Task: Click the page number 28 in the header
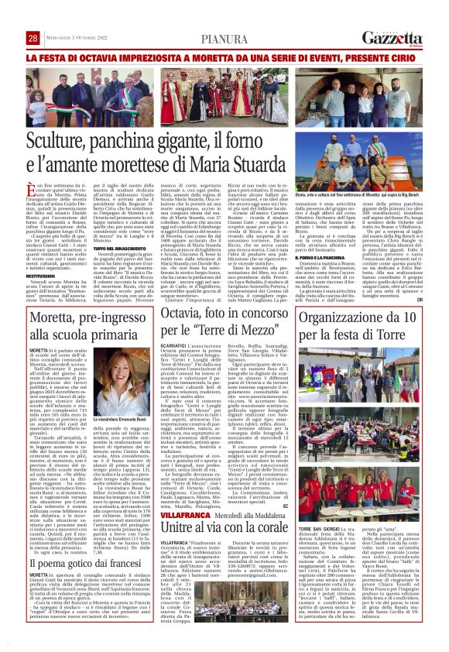[33, 38]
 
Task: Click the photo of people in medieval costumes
[225, 97]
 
